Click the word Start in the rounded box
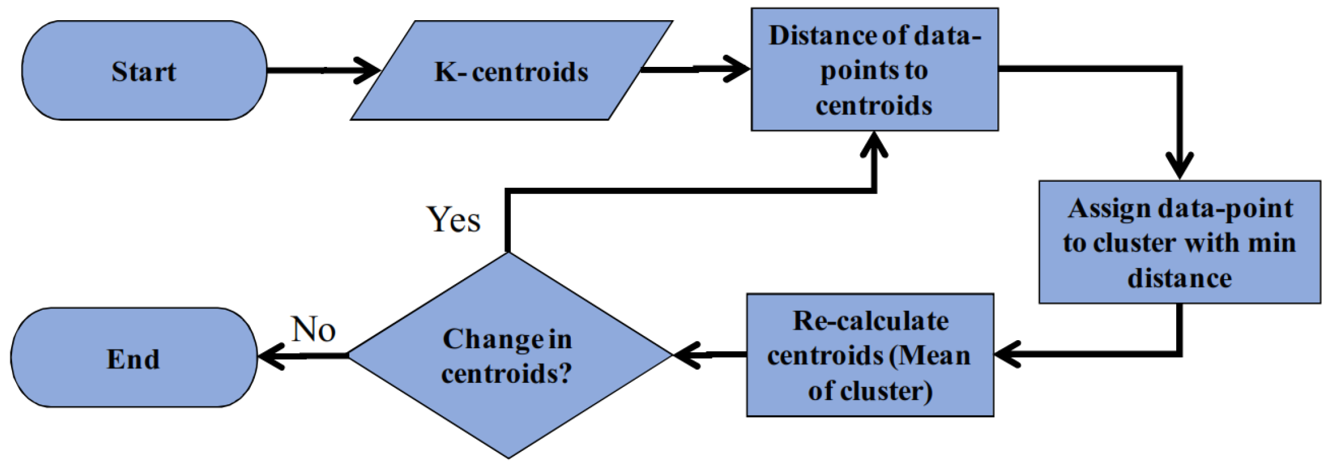[x=144, y=72]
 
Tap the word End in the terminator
[x=133, y=359]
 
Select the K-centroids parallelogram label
[x=511, y=72]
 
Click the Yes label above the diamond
[x=454, y=220]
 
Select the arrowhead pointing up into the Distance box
[x=875, y=144]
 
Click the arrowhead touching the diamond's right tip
[x=686, y=355]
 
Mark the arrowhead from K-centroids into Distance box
[x=738, y=70]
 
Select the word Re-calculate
[x=871, y=321]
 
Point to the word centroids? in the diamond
[x=507, y=374]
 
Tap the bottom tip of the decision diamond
[x=507, y=458]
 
